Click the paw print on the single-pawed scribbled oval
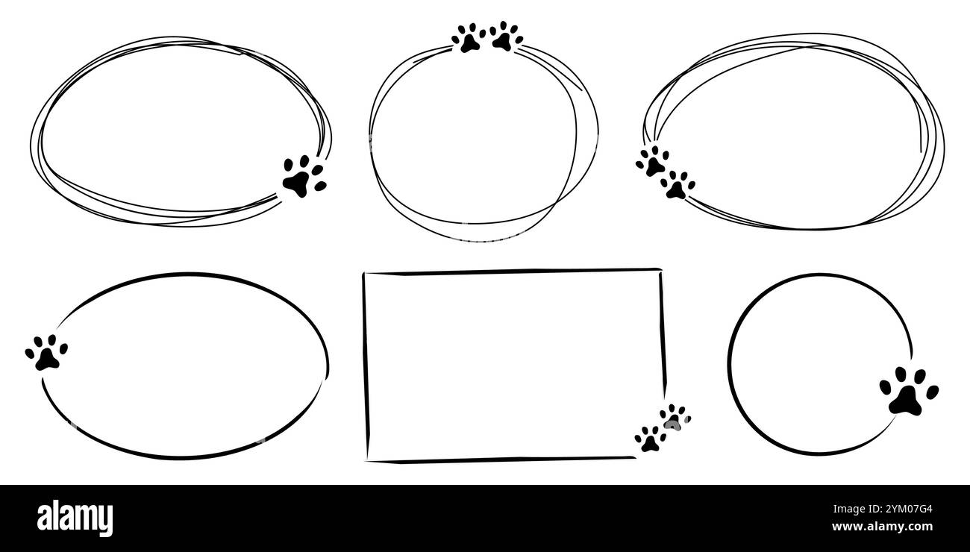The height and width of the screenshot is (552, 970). tap(303, 177)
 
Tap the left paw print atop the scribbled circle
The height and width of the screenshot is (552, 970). tap(469, 38)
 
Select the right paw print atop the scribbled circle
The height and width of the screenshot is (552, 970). tap(505, 37)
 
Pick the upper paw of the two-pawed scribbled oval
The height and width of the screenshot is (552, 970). tap(653, 161)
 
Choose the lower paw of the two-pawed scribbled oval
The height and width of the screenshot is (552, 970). tap(678, 185)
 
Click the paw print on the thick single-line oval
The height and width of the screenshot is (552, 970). tap(46, 352)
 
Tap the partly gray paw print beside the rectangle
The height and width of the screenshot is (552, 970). tap(675, 418)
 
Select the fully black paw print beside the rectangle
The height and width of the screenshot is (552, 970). tap(650, 439)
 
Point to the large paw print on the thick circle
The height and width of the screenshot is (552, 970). tap(908, 391)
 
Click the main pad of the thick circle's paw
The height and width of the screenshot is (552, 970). tap(905, 402)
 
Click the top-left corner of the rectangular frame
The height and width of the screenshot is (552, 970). tap(364, 275)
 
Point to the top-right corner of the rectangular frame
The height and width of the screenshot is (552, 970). tap(660, 270)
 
